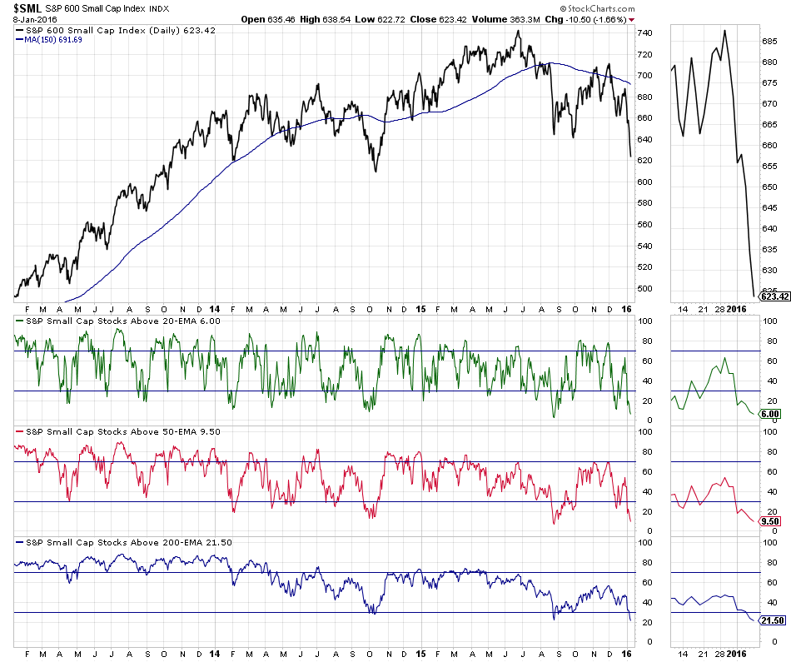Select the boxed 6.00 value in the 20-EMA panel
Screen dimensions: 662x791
[770, 414]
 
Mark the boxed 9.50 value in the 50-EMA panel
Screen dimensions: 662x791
[770, 521]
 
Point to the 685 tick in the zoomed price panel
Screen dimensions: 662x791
[770, 41]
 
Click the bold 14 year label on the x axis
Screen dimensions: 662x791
[215, 654]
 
